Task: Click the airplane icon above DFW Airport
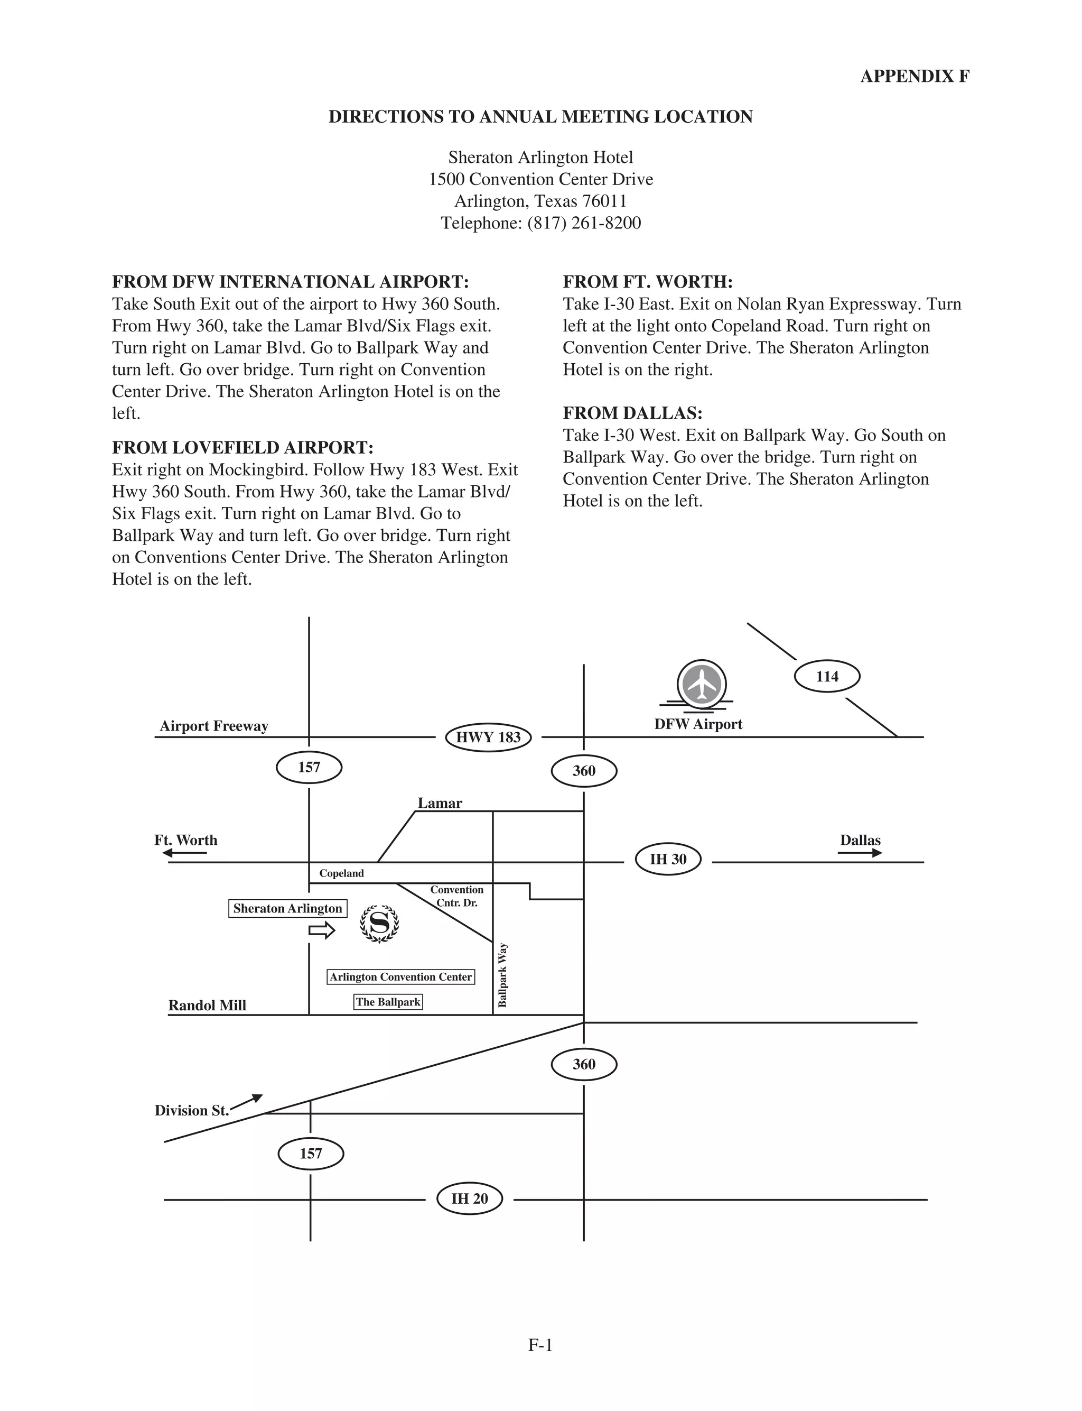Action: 702,684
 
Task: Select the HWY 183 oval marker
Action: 488,737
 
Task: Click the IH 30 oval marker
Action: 668,859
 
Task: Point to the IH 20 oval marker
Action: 470,1198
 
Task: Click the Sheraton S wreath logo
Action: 379,924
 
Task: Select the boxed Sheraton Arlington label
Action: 288,908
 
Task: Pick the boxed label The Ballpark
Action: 388,1002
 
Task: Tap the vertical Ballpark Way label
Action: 503,975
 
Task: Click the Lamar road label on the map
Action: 440,803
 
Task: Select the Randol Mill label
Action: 208,1005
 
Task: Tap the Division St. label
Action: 192,1110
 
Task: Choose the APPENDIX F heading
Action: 915,76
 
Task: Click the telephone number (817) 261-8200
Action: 583,223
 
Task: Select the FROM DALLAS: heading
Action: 632,413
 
